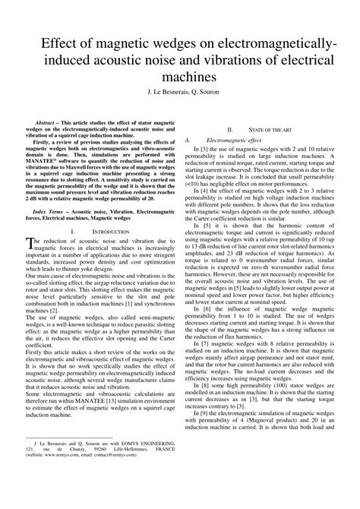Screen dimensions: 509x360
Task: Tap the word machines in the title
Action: click(x=180, y=77)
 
